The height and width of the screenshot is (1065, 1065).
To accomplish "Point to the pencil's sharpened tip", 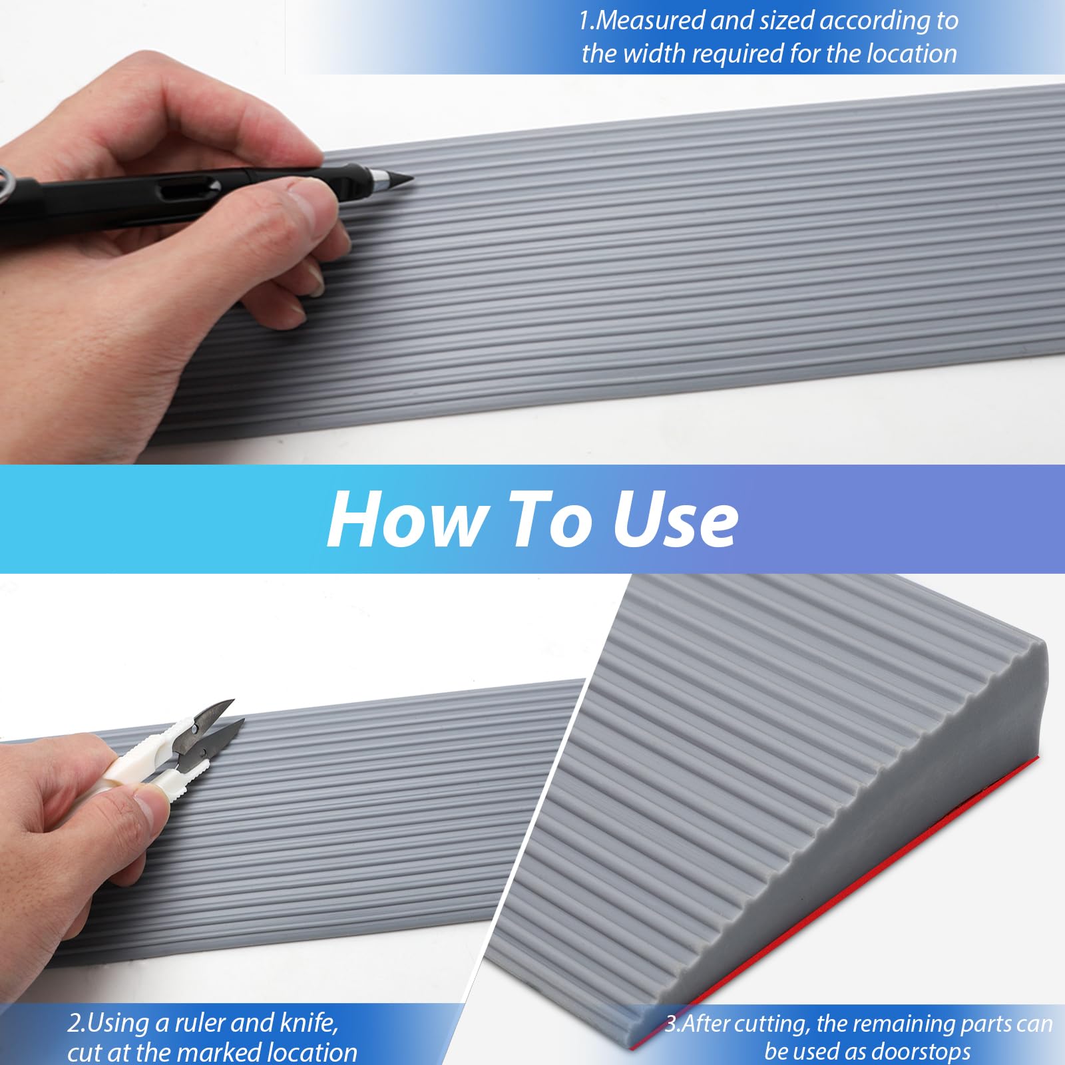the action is point(412,178).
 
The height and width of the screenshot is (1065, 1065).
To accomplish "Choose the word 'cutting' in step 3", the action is point(768,1024).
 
